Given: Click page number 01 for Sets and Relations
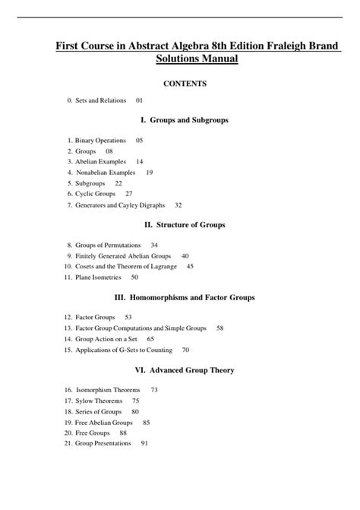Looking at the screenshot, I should (x=140, y=100).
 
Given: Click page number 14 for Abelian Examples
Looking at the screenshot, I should (x=140, y=162).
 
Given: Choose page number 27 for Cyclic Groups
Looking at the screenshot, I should (x=129, y=194).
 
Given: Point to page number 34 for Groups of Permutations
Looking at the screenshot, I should (x=155, y=245).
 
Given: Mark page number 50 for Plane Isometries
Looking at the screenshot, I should (x=134, y=277).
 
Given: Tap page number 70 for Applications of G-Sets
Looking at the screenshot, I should (x=185, y=350).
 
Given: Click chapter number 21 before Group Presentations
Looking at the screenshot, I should (x=68, y=443).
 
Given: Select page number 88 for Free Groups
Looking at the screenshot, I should (x=124, y=432).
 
